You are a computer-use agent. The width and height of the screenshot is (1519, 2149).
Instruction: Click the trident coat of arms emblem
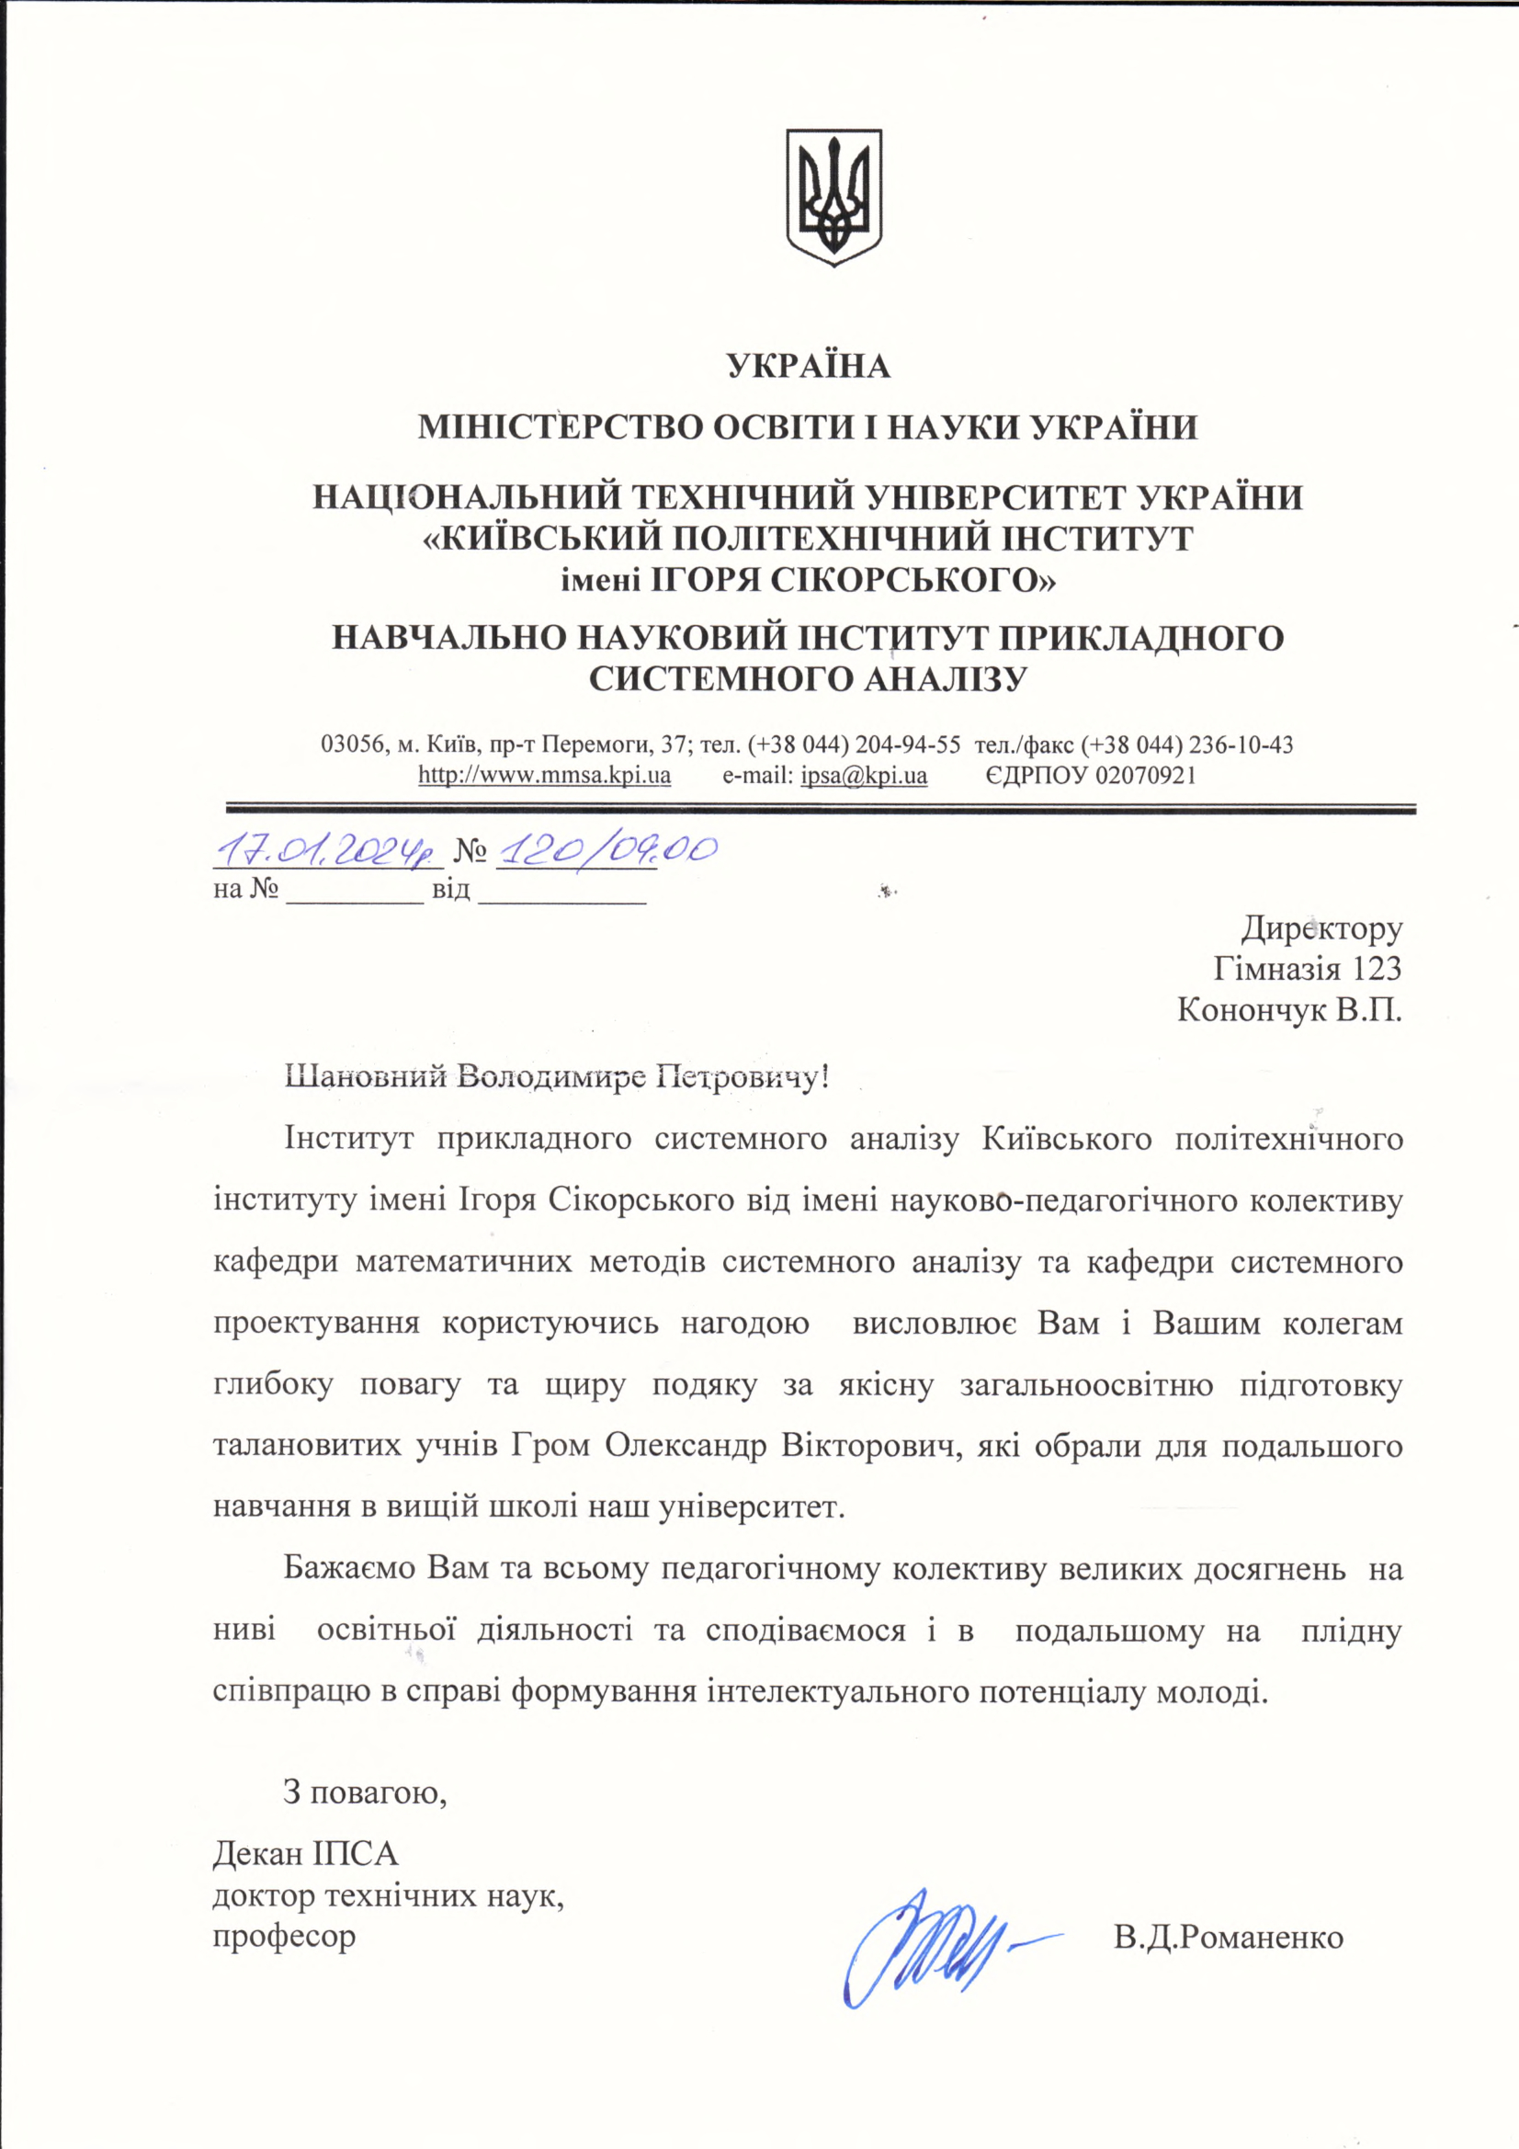(833, 196)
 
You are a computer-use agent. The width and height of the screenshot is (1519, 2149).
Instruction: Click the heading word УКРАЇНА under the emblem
(809, 366)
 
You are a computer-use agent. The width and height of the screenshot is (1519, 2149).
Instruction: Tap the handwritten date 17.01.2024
(326, 851)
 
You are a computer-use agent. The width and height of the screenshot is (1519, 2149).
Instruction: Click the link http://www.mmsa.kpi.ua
(544, 776)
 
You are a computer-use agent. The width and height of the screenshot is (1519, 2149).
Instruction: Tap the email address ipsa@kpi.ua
(864, 776)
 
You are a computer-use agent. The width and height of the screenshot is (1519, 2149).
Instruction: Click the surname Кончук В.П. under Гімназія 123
(1289, 1010)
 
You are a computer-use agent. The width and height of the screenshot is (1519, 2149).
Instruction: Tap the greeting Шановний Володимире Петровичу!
(556, 1077)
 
